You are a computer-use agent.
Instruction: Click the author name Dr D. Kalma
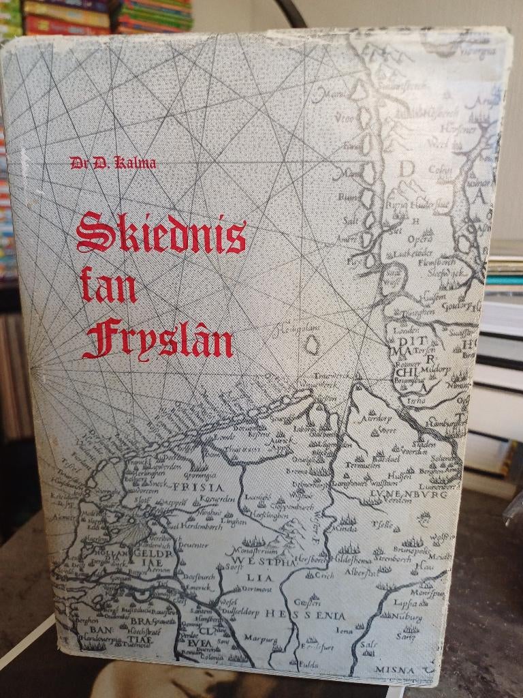112,162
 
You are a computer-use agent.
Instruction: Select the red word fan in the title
108,286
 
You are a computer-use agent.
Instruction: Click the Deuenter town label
194,546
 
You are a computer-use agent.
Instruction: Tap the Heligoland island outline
312,346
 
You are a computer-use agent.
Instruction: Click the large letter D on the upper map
407,169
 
